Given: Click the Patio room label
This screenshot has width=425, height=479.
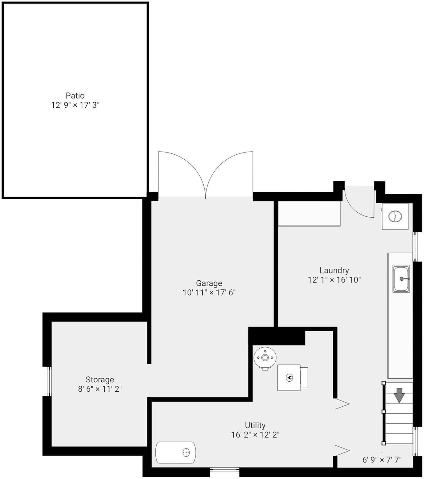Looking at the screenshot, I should click(x=75, y=95).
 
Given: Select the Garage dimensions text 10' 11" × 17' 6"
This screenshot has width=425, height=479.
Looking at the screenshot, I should click(x=209, y=293).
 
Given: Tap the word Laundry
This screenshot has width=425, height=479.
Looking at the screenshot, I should click(x=334, y=270).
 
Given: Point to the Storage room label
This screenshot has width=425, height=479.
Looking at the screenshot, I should click(x=100, y=380).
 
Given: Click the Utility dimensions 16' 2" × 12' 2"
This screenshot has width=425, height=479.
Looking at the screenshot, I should click(x=255, y=435).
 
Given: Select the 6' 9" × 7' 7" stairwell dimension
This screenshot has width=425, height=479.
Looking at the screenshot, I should click(x=382, y=460).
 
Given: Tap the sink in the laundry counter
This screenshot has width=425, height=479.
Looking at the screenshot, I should click(x=401, y=279).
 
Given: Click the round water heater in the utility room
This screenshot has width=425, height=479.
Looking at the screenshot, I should click(x=265, y=357).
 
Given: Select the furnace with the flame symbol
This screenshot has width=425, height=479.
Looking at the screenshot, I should click(x=289, y=378).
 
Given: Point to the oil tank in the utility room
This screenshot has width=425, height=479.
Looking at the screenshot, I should click(x=176, y=452).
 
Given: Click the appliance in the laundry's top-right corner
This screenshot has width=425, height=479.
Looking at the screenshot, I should click(x=395, y=216).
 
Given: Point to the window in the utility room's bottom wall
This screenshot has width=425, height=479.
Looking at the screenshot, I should click(x=224, y=469).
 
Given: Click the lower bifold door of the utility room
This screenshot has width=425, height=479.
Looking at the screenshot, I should click(x=342, y=451).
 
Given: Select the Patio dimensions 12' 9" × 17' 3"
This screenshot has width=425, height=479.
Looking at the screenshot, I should click(x=75, y=105).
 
